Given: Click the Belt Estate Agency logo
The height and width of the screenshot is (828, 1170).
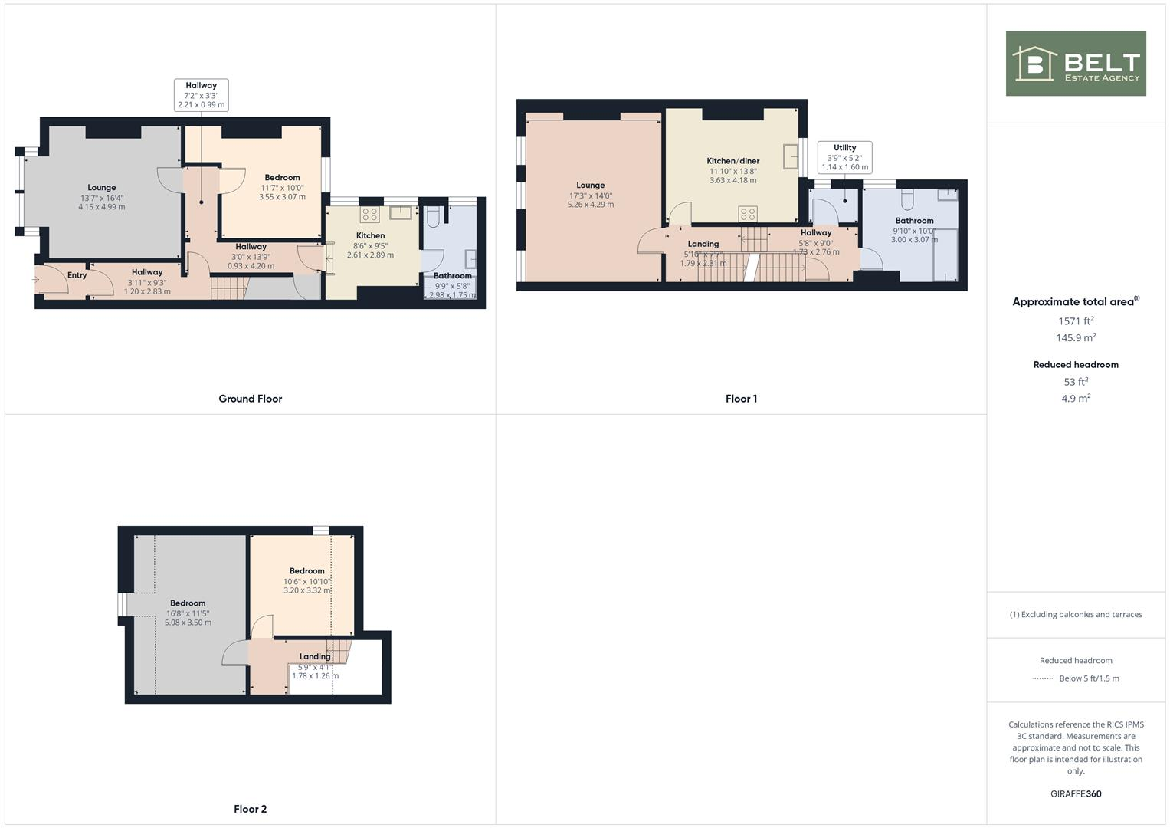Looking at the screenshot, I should coord(1075,64).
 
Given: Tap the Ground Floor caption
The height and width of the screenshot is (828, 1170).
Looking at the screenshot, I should coord(250,399).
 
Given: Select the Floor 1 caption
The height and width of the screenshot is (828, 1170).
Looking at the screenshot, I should coord(741,399).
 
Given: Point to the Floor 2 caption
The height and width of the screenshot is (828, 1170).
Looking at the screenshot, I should coord(250,809).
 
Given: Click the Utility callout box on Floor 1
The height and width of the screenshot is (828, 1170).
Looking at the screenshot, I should coord(844,157).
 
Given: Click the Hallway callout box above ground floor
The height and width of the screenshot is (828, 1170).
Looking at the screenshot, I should coord(201,95).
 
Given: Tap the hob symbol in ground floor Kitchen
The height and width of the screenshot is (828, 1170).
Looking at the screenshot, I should coord(370,215).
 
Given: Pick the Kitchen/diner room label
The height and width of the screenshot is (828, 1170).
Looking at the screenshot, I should coord(732,161).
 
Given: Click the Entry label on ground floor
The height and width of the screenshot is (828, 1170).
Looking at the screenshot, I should coord(77,275).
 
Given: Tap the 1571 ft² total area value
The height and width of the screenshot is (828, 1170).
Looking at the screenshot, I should coord(1076,321).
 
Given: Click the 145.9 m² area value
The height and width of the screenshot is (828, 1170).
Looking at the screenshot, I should coord(1076,338).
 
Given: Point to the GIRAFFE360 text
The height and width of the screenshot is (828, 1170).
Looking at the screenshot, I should coord(1076,794).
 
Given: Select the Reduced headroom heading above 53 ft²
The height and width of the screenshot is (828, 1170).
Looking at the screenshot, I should coord(1076,365).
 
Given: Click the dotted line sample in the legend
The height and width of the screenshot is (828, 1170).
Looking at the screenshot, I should coord(1042,679).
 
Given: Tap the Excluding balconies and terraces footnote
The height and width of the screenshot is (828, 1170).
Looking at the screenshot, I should coord(1076,615).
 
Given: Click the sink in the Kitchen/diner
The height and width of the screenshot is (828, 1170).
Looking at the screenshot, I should coord(789,156).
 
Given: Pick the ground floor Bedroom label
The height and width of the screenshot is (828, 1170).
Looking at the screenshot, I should coord(282,178).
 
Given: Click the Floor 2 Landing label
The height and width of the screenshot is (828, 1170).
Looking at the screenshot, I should coord(314,657).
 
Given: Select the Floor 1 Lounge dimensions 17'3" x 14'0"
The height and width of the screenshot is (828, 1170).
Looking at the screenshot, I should coord(590,195).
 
